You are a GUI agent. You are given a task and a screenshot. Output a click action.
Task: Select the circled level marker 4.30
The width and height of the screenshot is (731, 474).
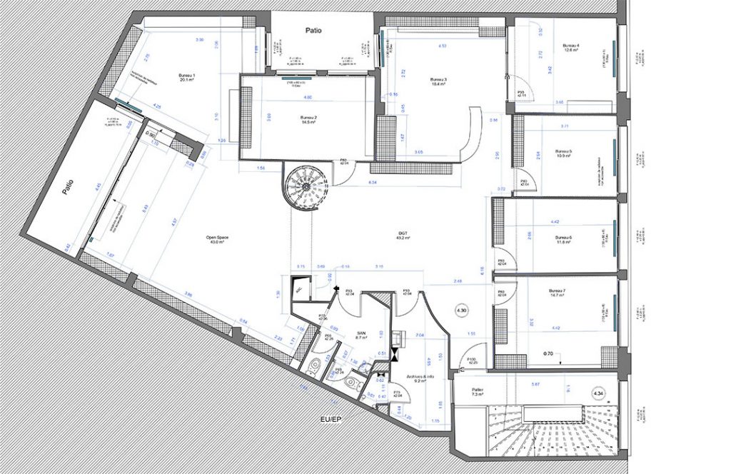pyautogui.click(x=462, y=311)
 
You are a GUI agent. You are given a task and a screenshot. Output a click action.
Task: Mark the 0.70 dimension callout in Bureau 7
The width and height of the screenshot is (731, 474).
pyautogui.click(x=548, y=353)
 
